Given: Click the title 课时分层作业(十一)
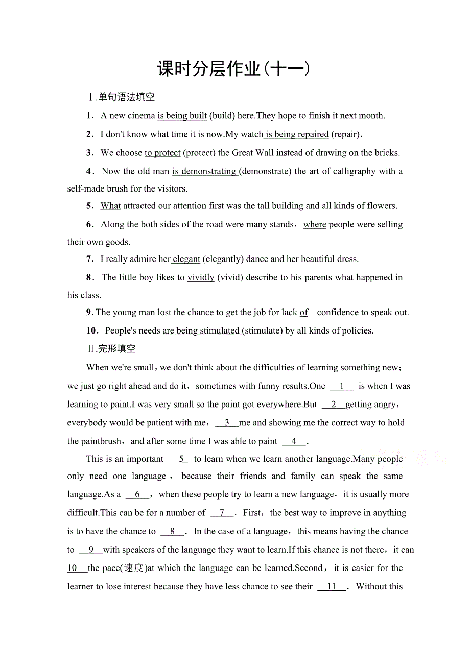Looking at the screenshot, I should click(234, 69).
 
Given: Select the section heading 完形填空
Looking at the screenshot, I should click(117, 349).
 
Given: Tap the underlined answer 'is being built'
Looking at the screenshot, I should click(182, 116).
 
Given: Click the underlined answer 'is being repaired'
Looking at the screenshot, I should click(297, 134).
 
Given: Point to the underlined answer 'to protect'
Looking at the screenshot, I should click(162, 153).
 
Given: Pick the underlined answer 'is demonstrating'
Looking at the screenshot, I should click(204, 171).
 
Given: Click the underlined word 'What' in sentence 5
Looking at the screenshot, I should click(110, 206).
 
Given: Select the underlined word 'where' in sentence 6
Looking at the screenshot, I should click(315, 224).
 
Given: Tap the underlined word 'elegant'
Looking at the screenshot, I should click(186, 259).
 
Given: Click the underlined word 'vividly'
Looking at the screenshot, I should click(201, 277).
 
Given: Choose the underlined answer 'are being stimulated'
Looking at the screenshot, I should click(201, 330).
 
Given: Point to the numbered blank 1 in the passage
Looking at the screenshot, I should click(342, 386).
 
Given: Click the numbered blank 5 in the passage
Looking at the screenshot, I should click(181, 459).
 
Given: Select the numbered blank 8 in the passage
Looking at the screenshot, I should click(173, 531).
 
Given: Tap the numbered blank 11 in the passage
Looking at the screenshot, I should click(332, 586).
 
